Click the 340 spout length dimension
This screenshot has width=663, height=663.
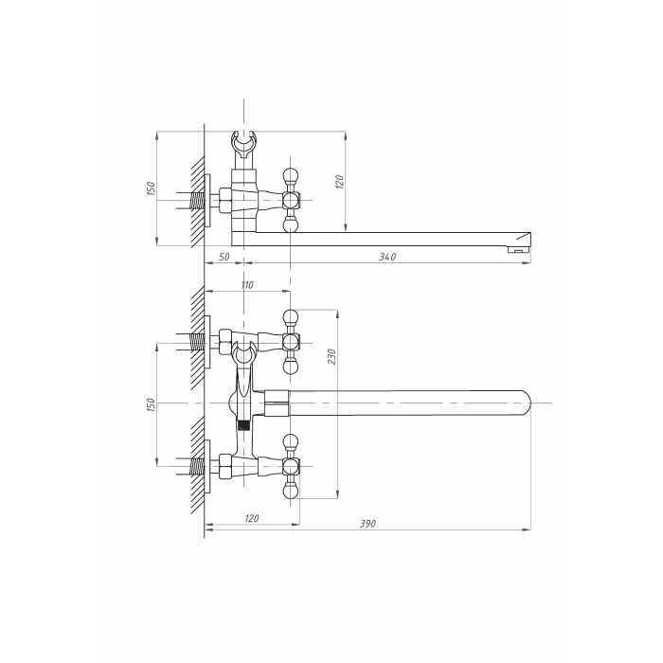coord(387,257)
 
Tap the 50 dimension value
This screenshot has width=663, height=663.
coord(224,257)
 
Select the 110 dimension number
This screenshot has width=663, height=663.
coord(247,285)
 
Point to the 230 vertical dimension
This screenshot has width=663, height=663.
coord(331,356)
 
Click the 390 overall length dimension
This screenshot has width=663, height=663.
coord(367,524)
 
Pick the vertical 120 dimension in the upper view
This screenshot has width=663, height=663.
coord(339,182)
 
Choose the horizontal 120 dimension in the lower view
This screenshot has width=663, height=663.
coord(252,518)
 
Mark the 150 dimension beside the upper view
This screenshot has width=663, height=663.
coord(151,188)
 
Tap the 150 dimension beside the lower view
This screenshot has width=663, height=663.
coord(151,404)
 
